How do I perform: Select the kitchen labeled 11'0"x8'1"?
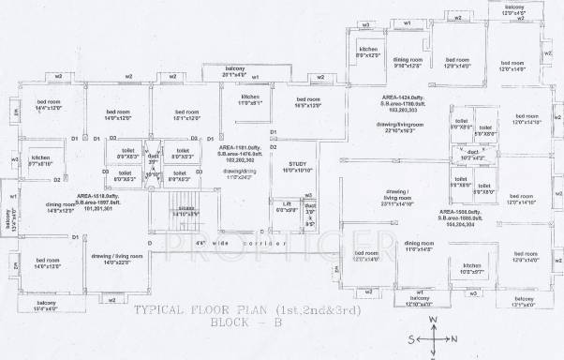click(x=250, y=100)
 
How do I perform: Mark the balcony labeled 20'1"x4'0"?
click(x=242, y=71)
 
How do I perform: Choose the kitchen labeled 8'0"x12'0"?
click(x=369, y=52)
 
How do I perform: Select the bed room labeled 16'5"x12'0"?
click(x=309, y=102)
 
